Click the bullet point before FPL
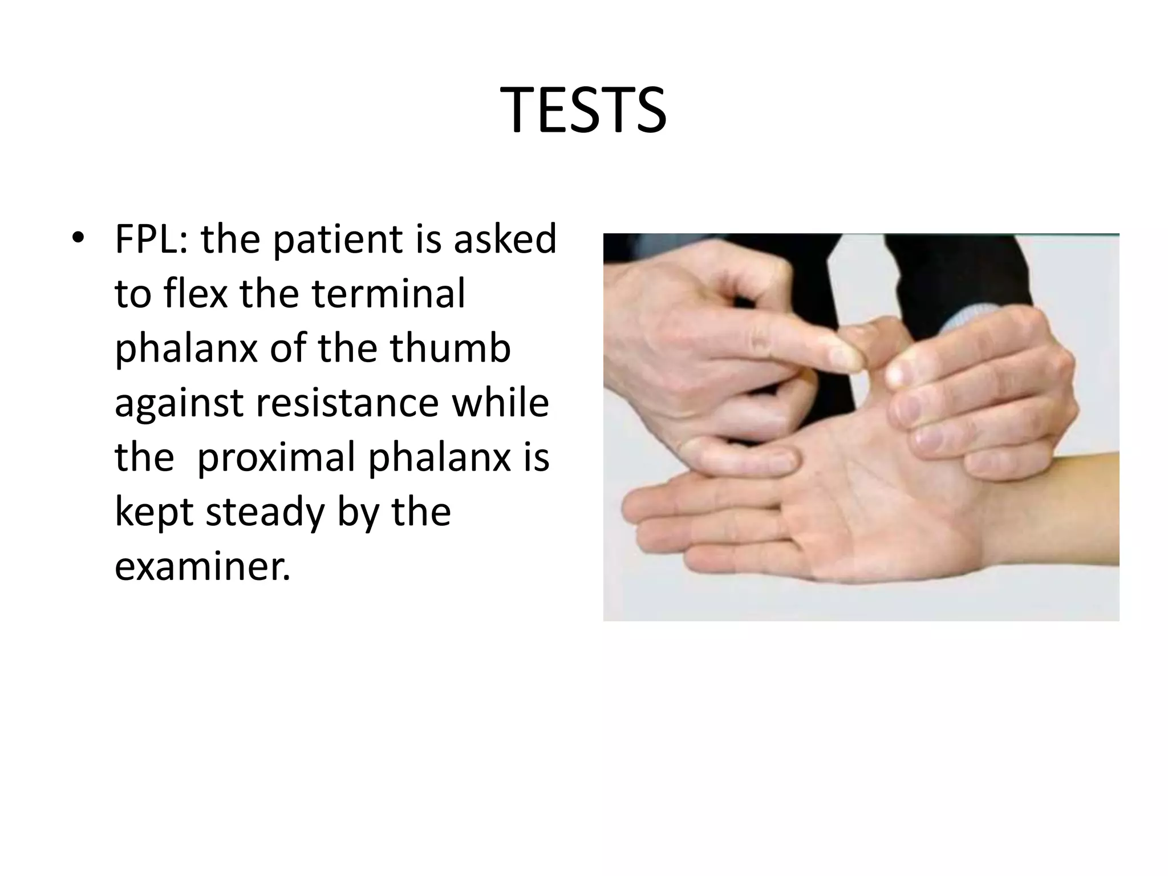pos(78,237)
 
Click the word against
pos(180,403)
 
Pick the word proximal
pos(276,457)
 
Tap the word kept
pos(154,512)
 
